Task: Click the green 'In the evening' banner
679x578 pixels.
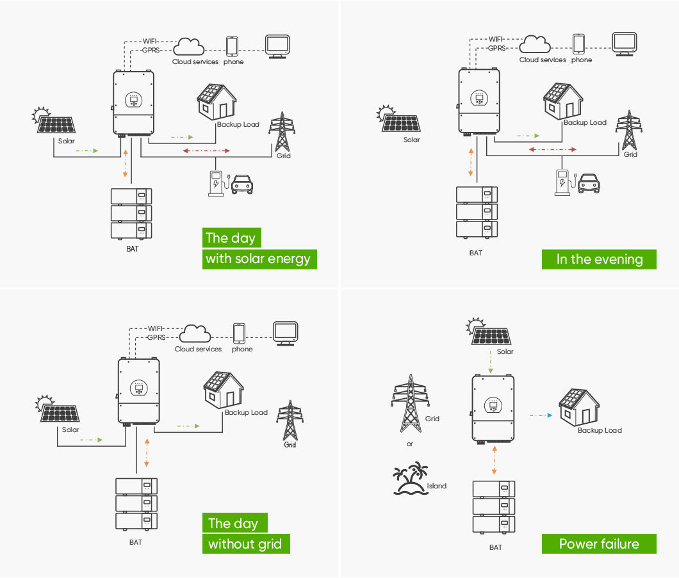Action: pyautogui.click(x=599, y=259)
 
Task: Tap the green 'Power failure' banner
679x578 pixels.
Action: pyautogui.click(x=599, y=544)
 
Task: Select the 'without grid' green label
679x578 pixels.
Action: pyautogui.click(x=246, y=544)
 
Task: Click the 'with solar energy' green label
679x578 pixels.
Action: pyautogui.click(x=259, y=259)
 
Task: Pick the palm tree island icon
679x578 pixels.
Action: pyautogui.click(x=410, y=478)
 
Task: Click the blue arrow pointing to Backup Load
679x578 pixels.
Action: pyautogui.click(x=541, y=415)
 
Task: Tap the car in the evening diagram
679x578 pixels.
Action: pyautogui.click(x=589, y=184)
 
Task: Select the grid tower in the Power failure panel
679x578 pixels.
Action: pyautogui.click(x=410, y=403)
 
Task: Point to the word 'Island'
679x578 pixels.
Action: pyautogui.click(x=436, y=486)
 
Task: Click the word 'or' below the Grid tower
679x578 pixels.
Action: pyautogui.click(x=410, y=444)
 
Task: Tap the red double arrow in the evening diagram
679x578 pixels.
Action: pyautogui.click(x=553, y=150)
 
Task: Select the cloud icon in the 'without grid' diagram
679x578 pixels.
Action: pyautogui.click(x=195, y=333)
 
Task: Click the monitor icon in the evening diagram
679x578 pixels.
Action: pyautogui.click(x=625, y=44)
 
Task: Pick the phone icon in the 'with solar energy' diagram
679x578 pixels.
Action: pyautogui.click(x=232, y=46)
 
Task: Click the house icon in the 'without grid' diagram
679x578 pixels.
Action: pyautogui.click(x=224, y=390)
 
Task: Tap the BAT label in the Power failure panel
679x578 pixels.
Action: pyautogui.click(x=496, y=547)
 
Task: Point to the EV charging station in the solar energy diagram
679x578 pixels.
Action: pyautogui.click(x=216, y=184)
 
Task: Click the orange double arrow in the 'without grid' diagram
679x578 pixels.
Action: pyautogui.click(x=147, y=453)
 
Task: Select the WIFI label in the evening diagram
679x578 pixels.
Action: pyautogui.click(x=496, y=39)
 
